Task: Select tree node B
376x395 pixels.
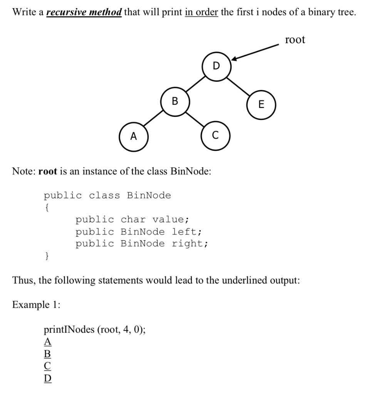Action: [x=175, y=101]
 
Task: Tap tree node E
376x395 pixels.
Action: [x=262, y=104]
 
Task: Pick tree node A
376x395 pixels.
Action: [x=133, y=136]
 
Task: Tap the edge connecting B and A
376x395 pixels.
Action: [x=154, y=119]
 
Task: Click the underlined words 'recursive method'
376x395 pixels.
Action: [x=84, y=12]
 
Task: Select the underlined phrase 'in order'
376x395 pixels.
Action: [x=201, y=12]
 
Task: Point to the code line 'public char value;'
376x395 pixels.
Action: [x=132, y=220]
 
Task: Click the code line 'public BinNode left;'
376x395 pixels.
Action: [x=138, y=232]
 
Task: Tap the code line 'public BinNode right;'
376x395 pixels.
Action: [x=142, y=244]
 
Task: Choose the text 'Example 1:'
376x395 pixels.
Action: [x=36, y=304]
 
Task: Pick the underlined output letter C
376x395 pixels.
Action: [x=47, y=366]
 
